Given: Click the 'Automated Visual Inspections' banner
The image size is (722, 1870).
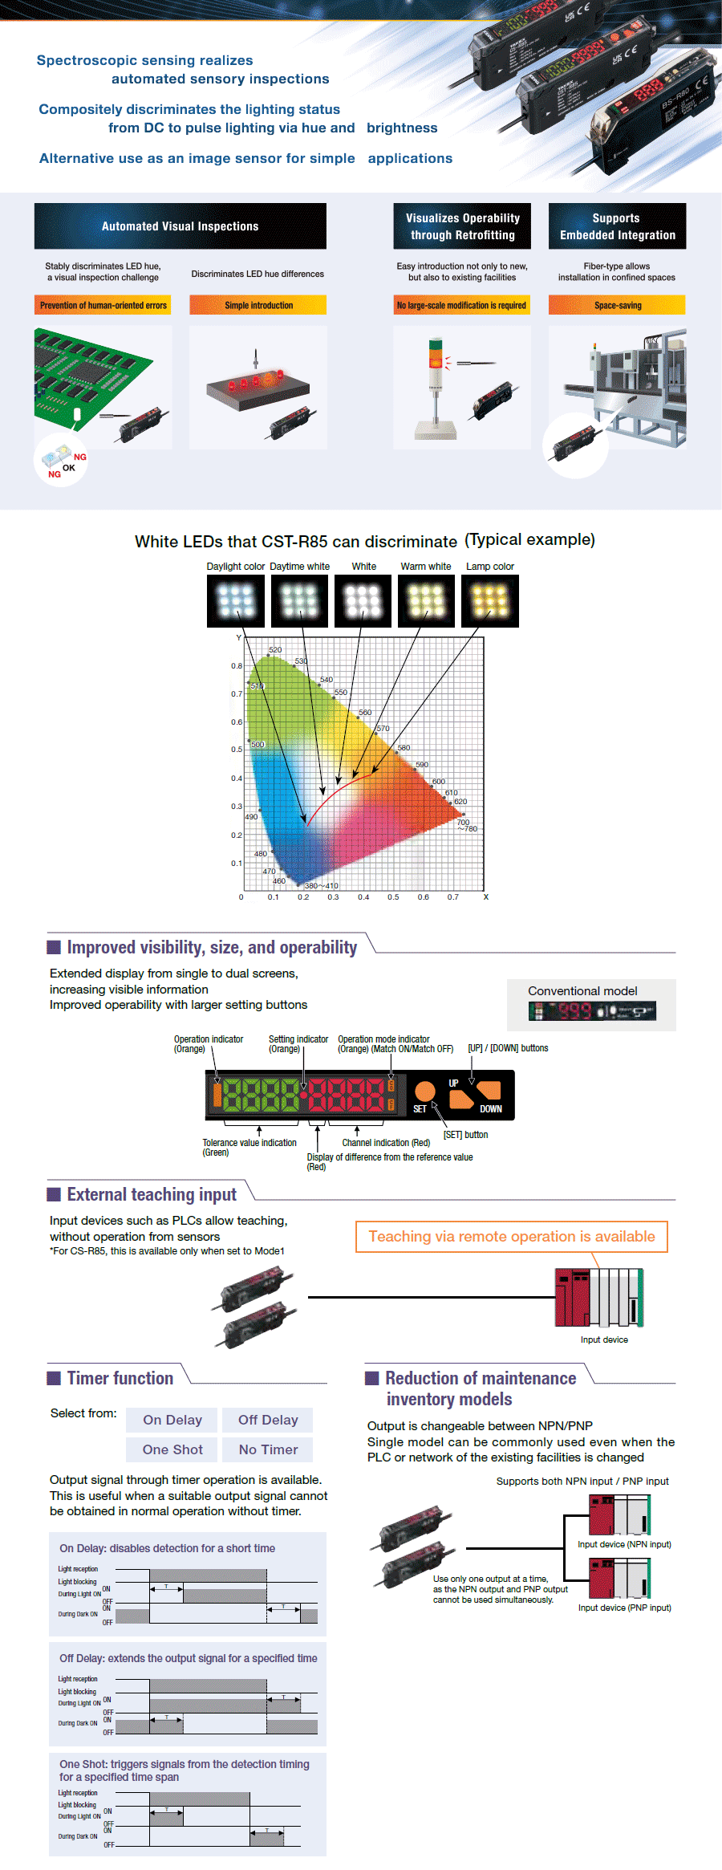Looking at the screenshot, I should [x=180, y=226].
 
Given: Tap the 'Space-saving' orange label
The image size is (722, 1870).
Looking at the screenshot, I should [x=617, y=305].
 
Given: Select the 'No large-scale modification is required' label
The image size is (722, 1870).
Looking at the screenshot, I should [x=461, y=305].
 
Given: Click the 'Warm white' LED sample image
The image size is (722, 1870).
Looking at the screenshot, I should [x=426, y=600].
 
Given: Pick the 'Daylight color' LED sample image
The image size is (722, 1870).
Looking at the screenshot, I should [x=236, y=600].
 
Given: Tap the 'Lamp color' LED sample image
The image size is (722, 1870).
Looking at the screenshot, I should [x=490, y=600].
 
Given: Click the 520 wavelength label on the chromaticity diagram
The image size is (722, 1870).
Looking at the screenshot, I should [x=275, y=650].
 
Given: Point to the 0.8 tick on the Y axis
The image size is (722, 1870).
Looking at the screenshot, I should [x=237, y=666].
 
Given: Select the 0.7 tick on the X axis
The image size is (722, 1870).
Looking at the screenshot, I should [x=453, y=897].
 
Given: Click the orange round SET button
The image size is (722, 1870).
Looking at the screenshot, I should [x=424, y=1090].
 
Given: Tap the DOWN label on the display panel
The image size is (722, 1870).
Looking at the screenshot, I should [x=491, y=1109].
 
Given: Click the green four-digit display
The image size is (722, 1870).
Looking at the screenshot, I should [x=261, y=1094].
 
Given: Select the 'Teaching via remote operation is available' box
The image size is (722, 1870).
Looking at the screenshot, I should [x=512, y=1237].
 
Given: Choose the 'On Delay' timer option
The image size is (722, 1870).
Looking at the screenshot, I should [x=172, y=1420].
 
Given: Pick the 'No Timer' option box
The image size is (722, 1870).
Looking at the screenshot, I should [x=268, y=1449].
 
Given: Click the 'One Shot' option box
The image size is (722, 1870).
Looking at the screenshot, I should [x=172, y=1449].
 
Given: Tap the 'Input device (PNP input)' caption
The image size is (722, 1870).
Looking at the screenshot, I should [x=624, y=1608].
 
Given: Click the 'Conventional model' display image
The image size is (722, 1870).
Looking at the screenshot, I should [x=592, y=1011].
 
